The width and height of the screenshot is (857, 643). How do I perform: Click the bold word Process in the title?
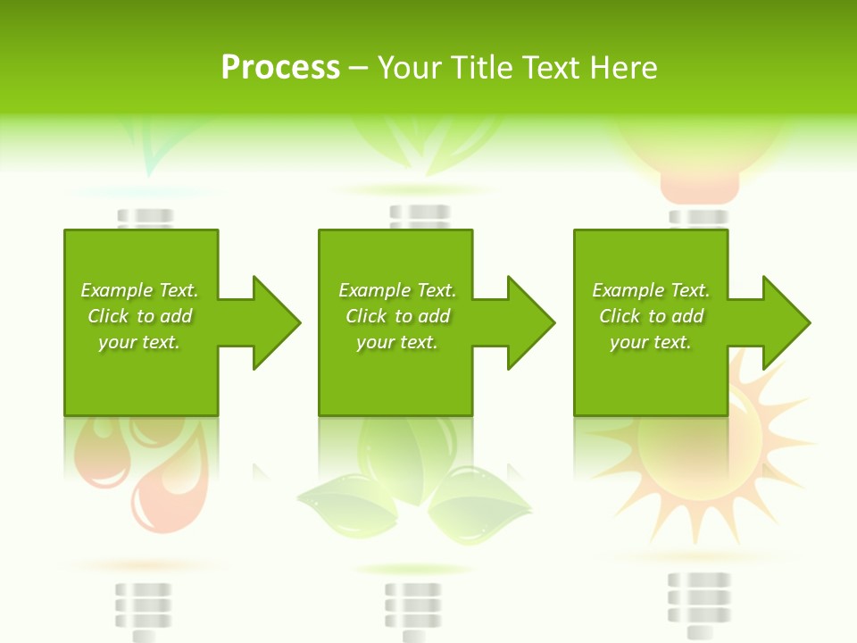(x=280, y=68)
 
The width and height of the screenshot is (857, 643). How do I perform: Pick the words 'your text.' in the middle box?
(x=396, y=342)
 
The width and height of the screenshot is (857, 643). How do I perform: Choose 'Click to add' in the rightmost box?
(x=651, y=316)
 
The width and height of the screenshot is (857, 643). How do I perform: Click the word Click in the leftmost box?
(x=108, y=316)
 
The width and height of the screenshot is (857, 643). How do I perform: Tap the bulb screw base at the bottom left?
(x=143, y=607)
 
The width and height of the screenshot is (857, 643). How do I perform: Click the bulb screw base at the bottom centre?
(x=412, y=607)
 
